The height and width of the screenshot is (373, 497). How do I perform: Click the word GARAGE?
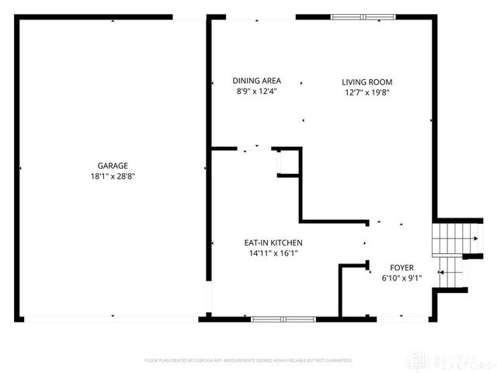pos(113,165)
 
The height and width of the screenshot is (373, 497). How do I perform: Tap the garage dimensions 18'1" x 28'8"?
pos(113,176)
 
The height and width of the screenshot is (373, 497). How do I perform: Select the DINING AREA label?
pos(257,81)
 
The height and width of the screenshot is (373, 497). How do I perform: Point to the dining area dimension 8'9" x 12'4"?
pos(257,92)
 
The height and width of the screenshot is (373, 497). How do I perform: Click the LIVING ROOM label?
pos(367,82)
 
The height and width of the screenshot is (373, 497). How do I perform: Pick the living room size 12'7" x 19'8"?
pos(367,92)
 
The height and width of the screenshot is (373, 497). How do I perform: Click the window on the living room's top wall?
pos(363,16)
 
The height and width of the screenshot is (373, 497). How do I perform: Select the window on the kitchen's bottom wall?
pos(283,319)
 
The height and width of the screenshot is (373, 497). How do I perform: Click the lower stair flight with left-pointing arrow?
pos(450,273)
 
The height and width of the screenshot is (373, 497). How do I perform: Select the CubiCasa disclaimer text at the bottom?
pos(248,361)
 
